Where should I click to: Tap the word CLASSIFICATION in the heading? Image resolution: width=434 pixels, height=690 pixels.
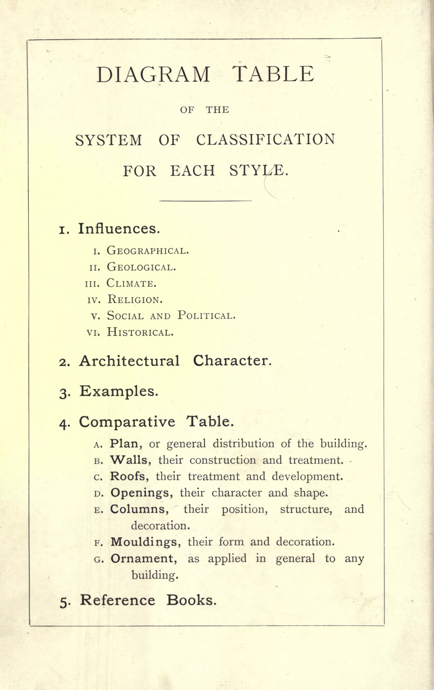[x=266, y=140]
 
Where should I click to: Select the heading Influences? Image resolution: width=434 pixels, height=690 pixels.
[x=119, y=229]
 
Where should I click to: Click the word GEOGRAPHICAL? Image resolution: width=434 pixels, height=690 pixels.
[x=148, y=251]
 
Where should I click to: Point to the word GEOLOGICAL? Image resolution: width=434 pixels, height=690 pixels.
[x=141, y=267]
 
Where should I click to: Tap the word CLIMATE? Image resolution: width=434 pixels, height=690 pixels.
[x=131, y=283]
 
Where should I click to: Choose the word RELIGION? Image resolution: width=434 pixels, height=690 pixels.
[x=135, y=300]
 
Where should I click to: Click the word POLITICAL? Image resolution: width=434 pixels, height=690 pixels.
[x=206, y=316]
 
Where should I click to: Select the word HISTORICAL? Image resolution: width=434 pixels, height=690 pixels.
[x=140, y=332]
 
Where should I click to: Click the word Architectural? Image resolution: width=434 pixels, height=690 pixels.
[x=129, y=361]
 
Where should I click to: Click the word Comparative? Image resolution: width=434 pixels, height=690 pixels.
[x=127, y=422]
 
